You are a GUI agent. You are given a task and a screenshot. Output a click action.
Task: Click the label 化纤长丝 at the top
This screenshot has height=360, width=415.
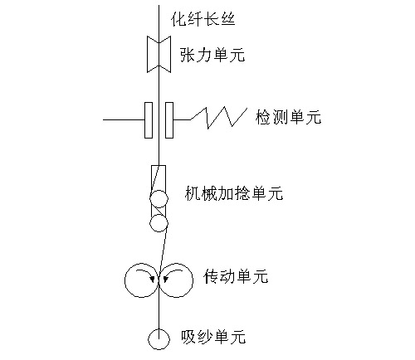203,19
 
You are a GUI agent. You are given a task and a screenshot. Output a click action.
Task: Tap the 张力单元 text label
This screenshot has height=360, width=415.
212,54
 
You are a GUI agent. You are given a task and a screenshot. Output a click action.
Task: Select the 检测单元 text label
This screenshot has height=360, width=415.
288,117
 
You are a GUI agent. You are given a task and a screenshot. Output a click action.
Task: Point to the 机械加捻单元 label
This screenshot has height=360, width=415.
234,192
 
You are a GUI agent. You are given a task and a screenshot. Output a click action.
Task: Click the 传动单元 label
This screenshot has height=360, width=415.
236,276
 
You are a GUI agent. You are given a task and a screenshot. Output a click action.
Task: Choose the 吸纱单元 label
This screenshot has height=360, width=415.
213,337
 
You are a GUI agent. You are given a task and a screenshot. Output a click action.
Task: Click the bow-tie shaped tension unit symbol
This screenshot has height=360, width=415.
159,54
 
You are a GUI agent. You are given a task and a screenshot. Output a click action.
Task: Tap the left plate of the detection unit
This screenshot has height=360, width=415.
149,120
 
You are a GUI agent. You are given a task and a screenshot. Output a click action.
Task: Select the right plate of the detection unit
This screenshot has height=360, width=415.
169,120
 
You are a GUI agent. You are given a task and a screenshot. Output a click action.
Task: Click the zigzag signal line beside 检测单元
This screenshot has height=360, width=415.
218,119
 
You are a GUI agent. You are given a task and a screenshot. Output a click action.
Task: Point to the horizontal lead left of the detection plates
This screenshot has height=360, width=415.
124,119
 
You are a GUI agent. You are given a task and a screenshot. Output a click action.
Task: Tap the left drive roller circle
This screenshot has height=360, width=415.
125,280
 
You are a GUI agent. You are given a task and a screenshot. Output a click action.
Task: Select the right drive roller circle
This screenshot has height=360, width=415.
193,280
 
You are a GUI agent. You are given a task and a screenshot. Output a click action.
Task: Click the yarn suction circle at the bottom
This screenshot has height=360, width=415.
159,328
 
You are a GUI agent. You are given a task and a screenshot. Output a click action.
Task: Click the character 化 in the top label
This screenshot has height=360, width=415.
178,19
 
